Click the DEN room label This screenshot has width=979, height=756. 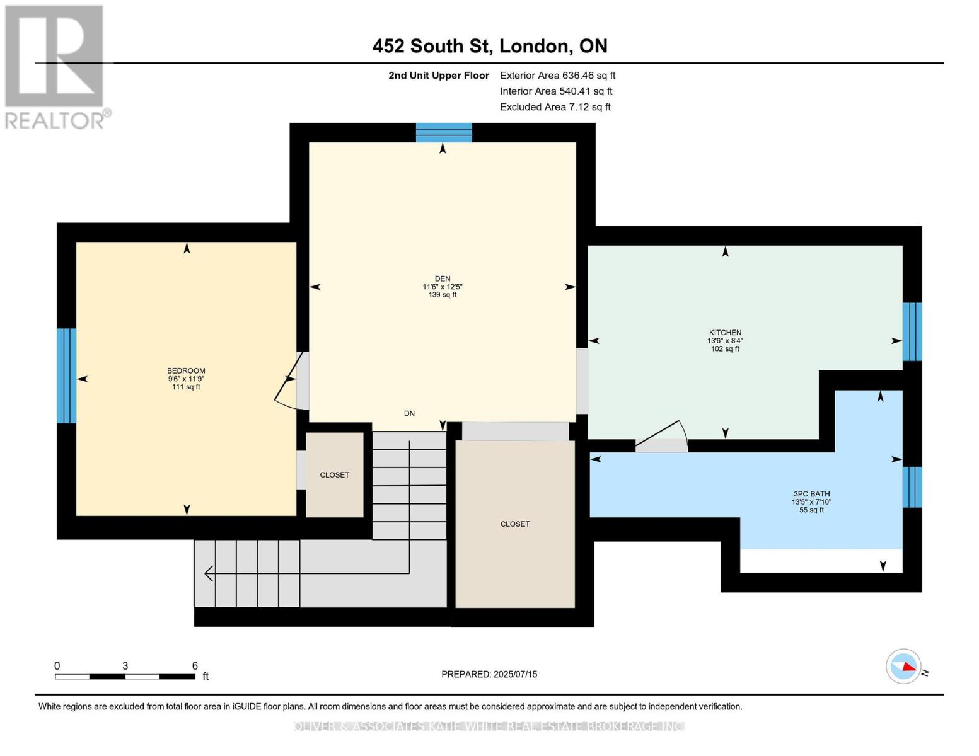coord(442,278)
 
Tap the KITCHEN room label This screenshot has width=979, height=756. coord(724,333)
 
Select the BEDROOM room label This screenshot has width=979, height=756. coord(186,370)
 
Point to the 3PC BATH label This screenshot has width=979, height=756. coord(811,494)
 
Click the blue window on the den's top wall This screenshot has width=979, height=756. coord(443,132)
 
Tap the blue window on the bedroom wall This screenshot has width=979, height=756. coord(67,375)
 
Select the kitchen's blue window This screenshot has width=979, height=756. coord(912,331)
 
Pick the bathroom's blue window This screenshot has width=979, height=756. coord(912,487)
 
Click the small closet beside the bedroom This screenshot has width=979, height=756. coord(335,474)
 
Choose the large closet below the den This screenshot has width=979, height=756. coord(515,524)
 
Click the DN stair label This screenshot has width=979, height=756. coord(409,413)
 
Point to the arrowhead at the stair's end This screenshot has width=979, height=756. coord(209,573)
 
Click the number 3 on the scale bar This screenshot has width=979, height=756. coord(125,665)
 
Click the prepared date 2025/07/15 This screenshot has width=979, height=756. coord(515,674)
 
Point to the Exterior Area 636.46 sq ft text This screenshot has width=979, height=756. coord(557,75)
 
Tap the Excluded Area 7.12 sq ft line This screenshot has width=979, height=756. coord(555,106)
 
